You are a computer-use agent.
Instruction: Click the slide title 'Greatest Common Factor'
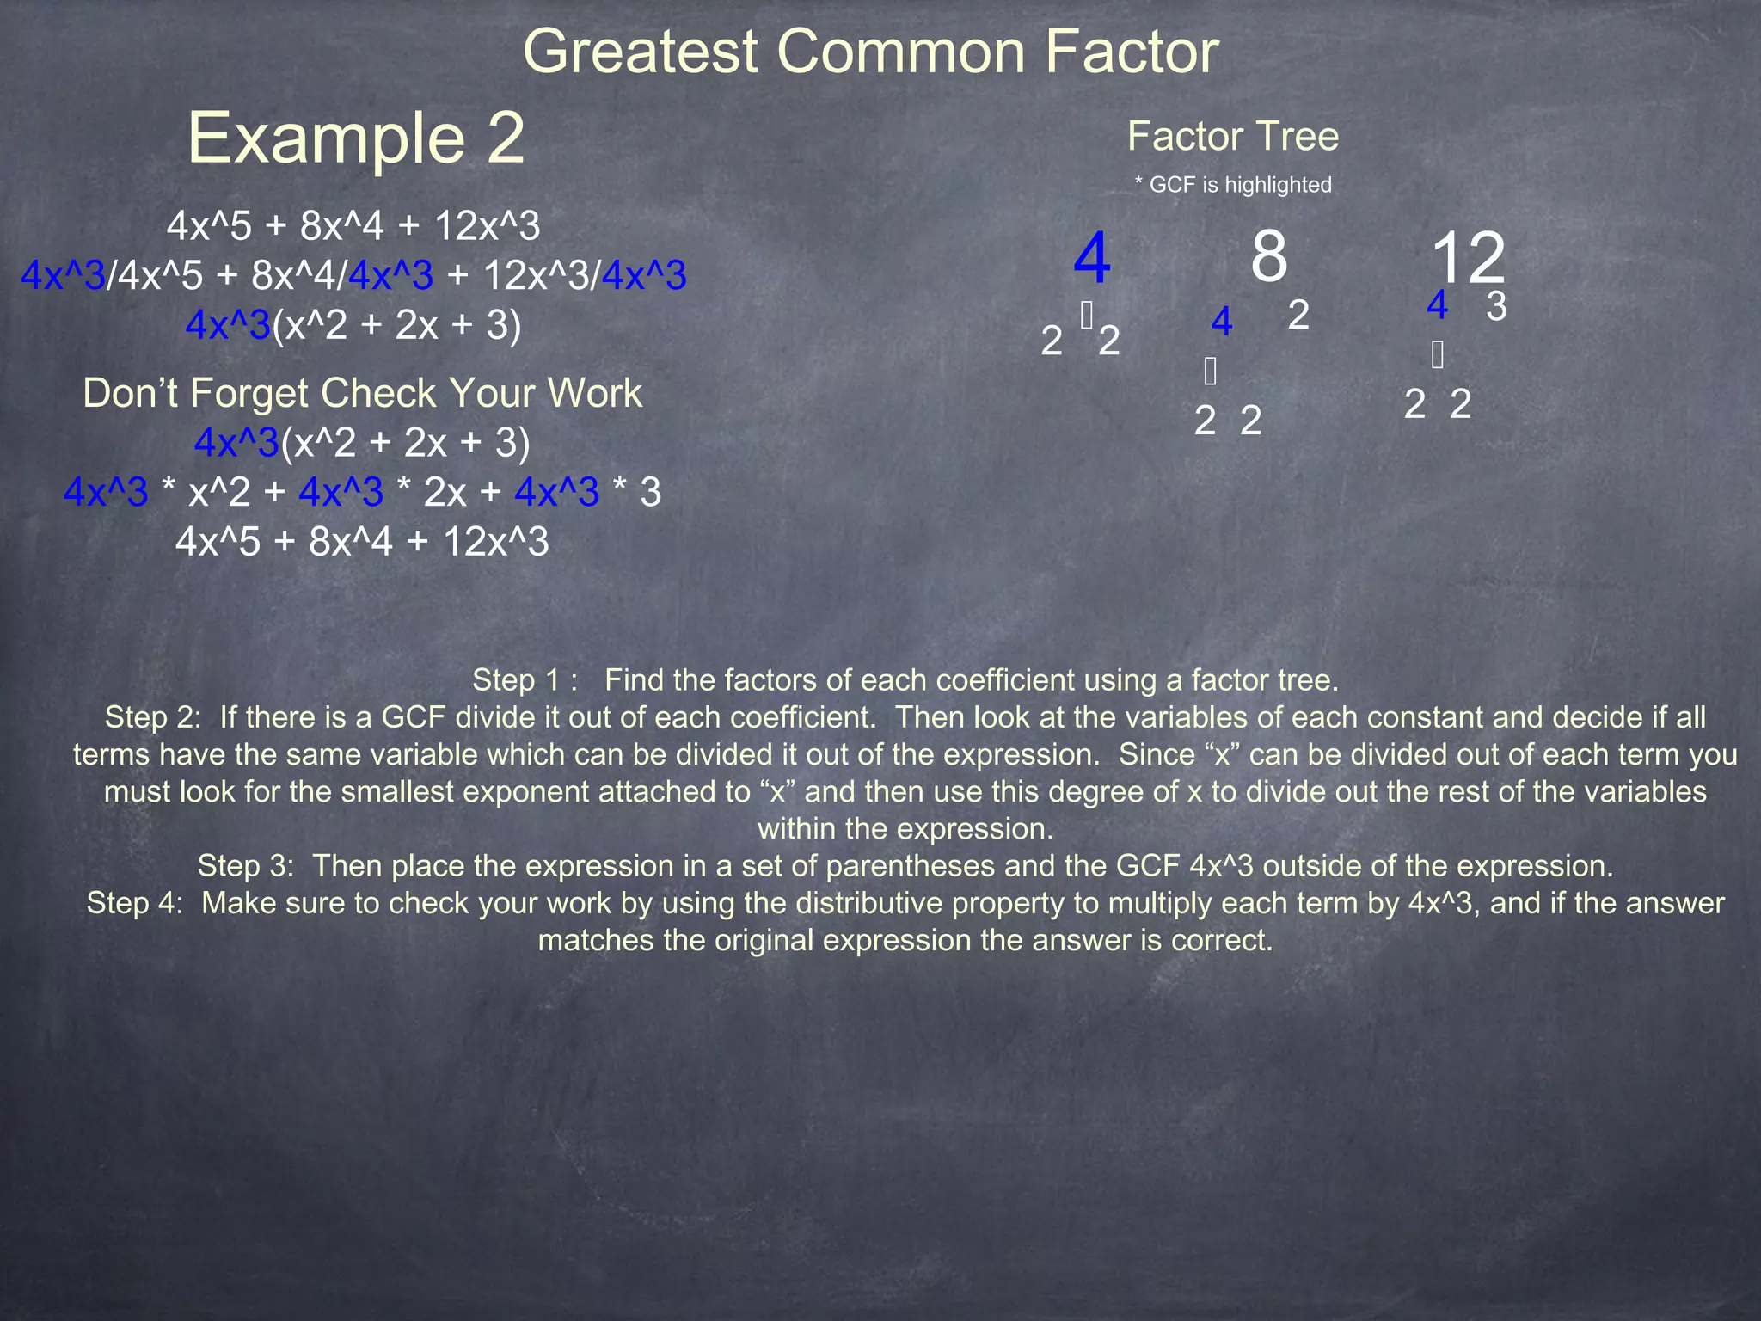click(870, 52)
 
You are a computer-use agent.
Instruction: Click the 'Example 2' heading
click(356, 138)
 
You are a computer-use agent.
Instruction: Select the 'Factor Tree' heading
click(1232, 136)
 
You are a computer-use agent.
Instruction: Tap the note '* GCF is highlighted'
click(1232, 185)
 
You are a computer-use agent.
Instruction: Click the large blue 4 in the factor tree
click(1091, 257)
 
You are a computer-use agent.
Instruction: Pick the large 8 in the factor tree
click(1268, 255)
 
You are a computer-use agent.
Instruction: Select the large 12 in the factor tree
click(1468, 257)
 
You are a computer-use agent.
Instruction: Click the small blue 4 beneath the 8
click(1221, 322)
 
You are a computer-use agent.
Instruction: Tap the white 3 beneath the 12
click(1496, 306)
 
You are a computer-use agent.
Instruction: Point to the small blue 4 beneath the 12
click(1437, 305)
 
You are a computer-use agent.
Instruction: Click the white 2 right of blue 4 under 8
click(1298, 316)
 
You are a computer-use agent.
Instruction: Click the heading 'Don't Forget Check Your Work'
click(362, 394)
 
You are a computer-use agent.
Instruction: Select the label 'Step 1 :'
click(525, 680)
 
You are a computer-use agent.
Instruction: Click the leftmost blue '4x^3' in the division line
click(63, 276)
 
